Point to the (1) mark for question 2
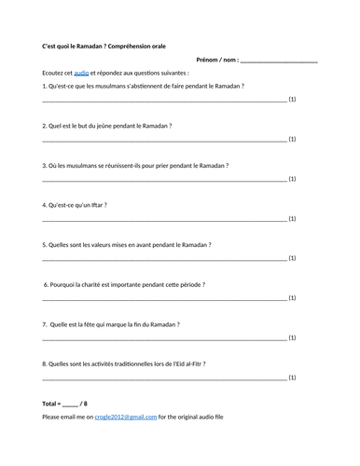tap(292, 139)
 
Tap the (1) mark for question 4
tap(292, 218)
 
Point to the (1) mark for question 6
tap(292, 298)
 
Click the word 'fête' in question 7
tap(94, 324)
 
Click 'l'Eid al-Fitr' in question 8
tap(183, 364)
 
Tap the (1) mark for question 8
tap(292, 378)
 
